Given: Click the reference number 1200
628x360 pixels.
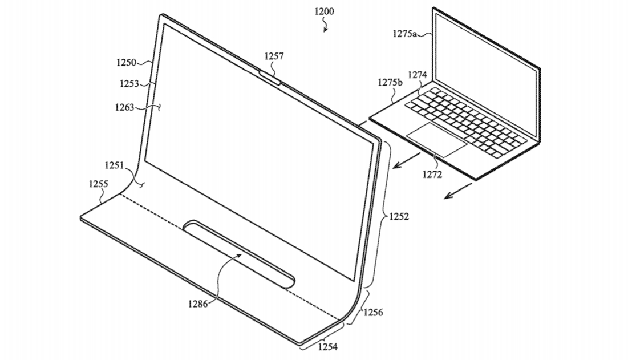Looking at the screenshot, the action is pos(324,11).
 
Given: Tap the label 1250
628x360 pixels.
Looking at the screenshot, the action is pos(126,62).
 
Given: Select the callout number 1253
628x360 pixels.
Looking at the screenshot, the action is pos(129,84).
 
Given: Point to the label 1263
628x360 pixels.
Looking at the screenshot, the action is pos(124,107).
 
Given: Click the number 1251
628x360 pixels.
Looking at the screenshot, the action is pos(114,165).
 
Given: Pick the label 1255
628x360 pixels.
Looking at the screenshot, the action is pos(98,184).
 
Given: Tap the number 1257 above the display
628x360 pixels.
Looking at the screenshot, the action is pos(274,56).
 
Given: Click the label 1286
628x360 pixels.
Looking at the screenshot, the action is pos(198,304).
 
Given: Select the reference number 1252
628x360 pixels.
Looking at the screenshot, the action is pos(399,217).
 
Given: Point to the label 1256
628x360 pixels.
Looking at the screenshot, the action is pos(373,312).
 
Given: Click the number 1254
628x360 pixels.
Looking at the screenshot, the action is pos(328,347).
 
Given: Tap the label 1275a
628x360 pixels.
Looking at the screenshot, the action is pos(404,34).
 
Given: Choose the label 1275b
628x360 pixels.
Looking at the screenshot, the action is pos(390,83).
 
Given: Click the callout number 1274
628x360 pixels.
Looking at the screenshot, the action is pos(418,75).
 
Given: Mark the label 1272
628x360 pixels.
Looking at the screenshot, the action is pos(432,174).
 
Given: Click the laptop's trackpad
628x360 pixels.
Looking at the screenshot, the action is pos(437,139).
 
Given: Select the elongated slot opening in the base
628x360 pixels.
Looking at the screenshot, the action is pos(239,253).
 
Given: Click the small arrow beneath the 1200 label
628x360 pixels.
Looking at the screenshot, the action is pos(325,26).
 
